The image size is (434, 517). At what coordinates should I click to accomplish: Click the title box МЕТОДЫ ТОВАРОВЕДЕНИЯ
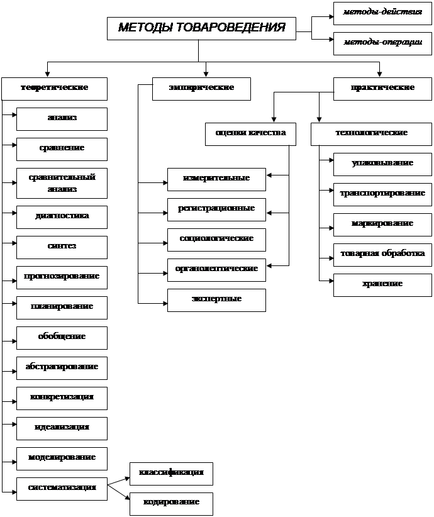pos(201,28)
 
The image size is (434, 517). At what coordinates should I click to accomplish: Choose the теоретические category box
pos(54,88)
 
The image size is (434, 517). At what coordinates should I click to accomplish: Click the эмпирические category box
pos(201,88)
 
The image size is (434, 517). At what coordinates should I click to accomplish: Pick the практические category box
pos(382,88)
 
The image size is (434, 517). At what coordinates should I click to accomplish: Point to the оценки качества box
pos(250,133)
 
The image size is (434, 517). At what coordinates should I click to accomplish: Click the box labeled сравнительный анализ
pos(62,183)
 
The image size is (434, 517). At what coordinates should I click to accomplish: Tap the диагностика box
pos(62,216)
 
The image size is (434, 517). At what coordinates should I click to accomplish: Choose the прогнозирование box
pos(62,277)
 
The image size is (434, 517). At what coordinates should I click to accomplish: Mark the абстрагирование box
pos(62,367)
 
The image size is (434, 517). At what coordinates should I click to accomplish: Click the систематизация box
pos(62,488)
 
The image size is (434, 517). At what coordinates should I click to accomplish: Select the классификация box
pos(171,473)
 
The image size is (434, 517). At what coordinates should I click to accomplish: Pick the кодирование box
pos(171,503)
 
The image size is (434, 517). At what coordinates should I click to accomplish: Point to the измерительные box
pos(216,179)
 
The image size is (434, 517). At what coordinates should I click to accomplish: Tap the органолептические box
pos(216,269)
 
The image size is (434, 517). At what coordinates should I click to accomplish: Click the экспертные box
pos(216,299)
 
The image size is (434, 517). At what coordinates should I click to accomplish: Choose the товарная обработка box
pos(382,254)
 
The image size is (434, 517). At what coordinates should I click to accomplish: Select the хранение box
pos(382,284)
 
